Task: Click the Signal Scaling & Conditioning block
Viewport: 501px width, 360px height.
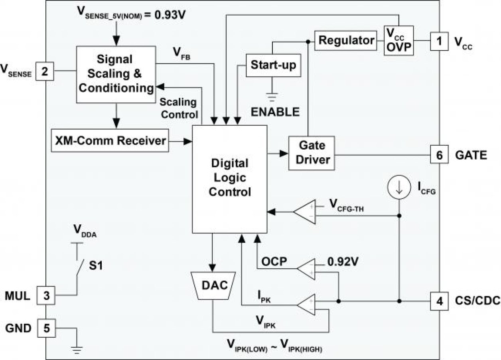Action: [116, 73]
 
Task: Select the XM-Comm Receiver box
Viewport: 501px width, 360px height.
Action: [110, 140]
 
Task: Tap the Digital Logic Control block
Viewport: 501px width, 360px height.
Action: [229, 178]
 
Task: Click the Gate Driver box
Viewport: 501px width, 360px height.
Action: [311, 153]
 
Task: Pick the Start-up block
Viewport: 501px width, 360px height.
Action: [273, 65]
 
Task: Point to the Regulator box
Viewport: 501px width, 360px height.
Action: [346, 40]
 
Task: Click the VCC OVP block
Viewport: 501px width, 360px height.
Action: [398, 41]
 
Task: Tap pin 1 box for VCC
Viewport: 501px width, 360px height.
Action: [439, 41]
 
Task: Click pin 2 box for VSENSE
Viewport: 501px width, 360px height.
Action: [45, 72]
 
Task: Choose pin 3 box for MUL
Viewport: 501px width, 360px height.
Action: [46, 296]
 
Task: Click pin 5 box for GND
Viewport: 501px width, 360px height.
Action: [46, 328]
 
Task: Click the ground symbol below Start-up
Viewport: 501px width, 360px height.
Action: [272, 96]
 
